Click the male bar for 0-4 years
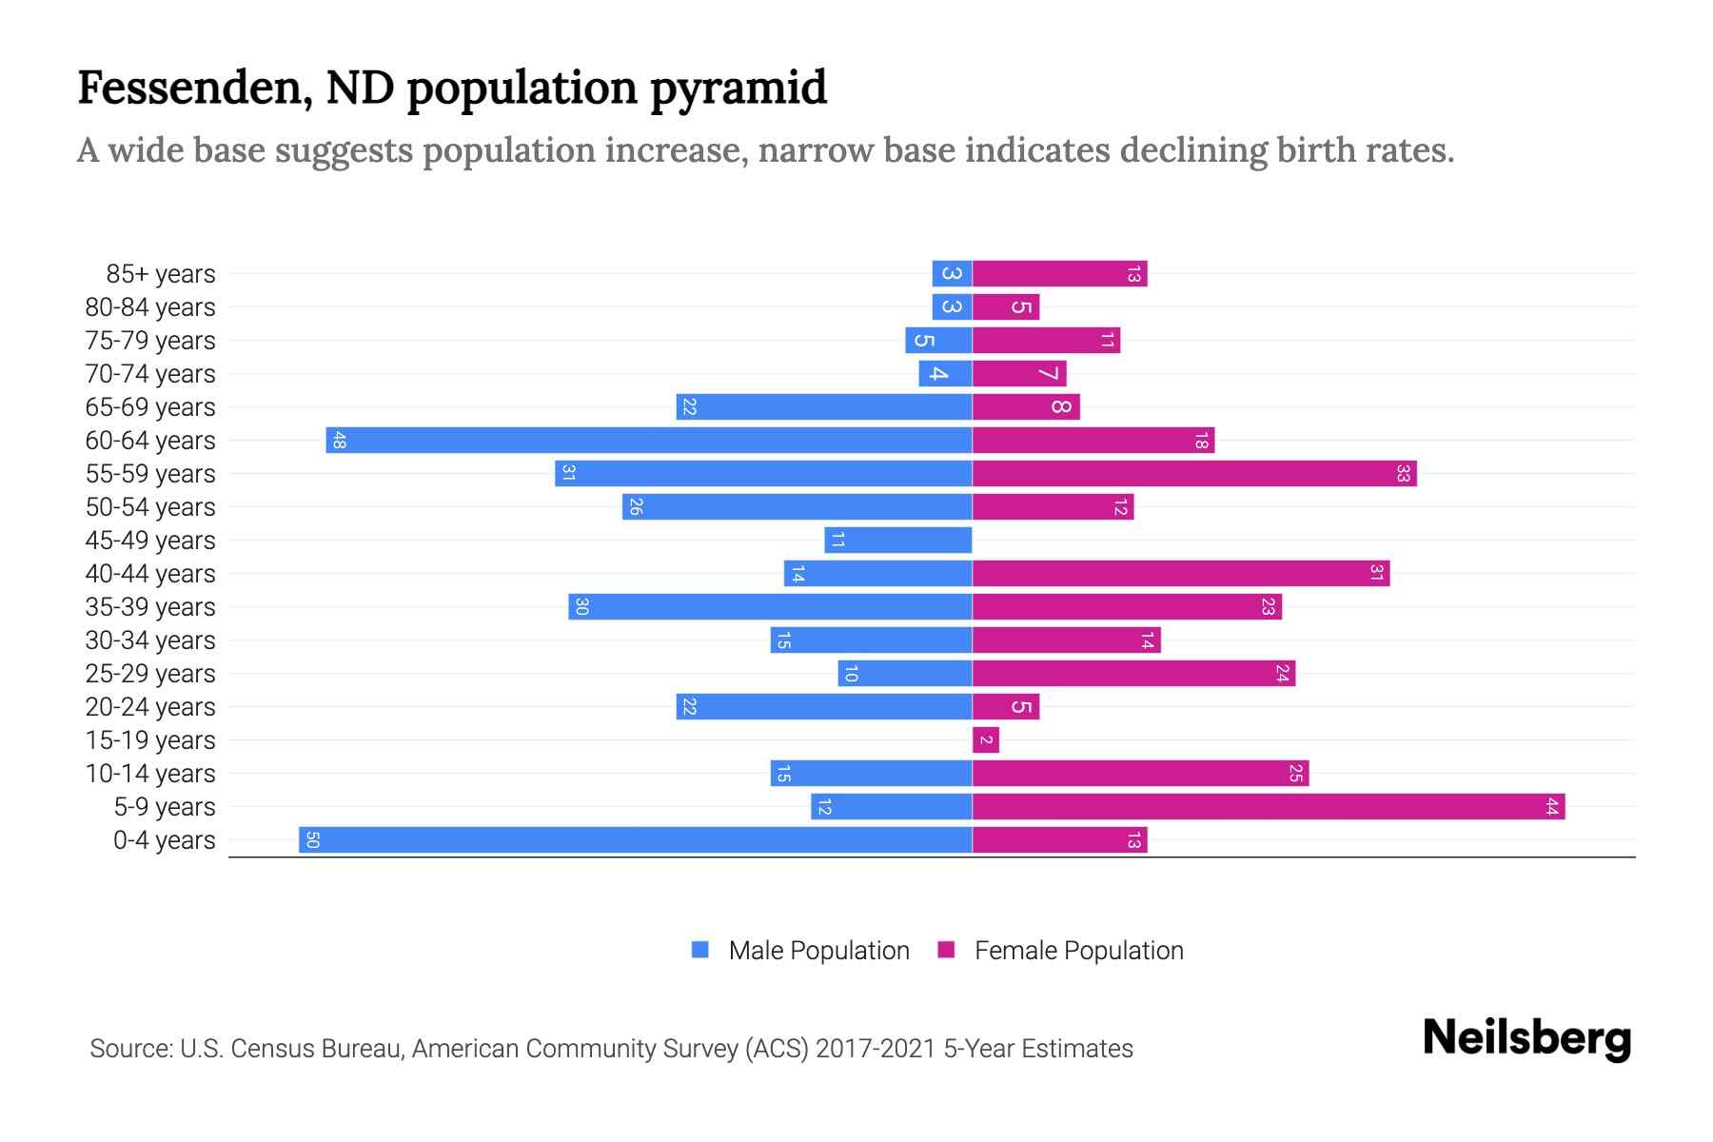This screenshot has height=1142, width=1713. click(x=635, y=840)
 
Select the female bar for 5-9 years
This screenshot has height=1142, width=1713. click(x=1269, y=807)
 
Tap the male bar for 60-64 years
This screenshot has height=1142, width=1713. click(x=649, y=441)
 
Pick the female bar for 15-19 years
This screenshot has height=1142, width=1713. click(x=986, y=740)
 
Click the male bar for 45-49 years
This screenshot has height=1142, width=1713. click(x=898, y=541)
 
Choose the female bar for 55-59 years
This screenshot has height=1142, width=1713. click(x=1194, y=474)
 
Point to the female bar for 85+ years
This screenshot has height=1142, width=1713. click(x=1059, y=274)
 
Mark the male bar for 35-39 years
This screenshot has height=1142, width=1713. click(x=770, y=607)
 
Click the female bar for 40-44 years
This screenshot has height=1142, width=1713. click(x=1181, y=574)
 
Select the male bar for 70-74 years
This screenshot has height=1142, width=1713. click(x=945, y=374)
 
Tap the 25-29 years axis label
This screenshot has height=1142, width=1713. click(x=150, y=674)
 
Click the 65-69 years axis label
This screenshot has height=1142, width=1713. click(x=150, y=407)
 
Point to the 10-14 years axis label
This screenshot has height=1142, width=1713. click(x=150, y=774)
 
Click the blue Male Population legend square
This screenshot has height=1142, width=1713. click(x=700, y=950)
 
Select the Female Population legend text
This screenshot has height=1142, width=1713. click(x=1078, y=951)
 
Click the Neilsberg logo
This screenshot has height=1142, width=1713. click(x=1526, y=1038)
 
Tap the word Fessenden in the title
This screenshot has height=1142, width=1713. click(x=195, y=88)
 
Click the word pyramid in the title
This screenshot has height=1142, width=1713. click(x=738, y=88)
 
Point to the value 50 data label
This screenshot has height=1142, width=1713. click(x=312, y=840)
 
